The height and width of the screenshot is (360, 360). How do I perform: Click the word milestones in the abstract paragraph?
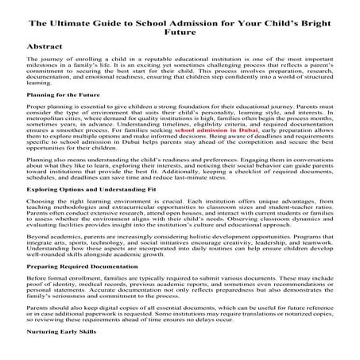point(41,69)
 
